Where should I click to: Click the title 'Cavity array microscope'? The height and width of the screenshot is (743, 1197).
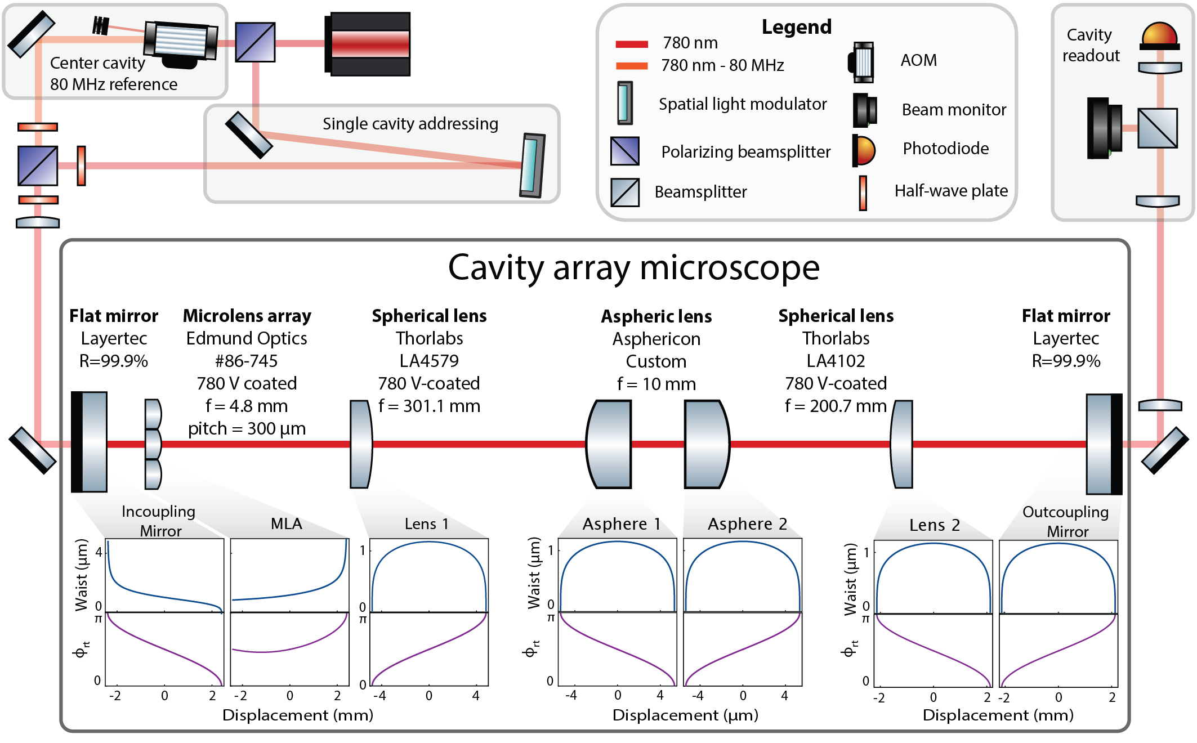pyautogui.click(x=633, y=268)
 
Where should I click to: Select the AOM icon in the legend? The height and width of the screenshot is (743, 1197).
pyautogui.click(x=861, y=61)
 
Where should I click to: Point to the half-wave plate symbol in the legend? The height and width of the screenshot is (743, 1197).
pyautogui.click(x=863, y=193)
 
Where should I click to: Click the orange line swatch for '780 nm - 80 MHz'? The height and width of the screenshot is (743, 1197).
pyautogui.click(x=632, y=66)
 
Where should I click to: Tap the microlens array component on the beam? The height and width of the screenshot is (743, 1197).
pyautogui.click(x=153, y=444)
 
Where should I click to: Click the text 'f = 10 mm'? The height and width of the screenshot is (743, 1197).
pyautogui.click(x=656, y=384)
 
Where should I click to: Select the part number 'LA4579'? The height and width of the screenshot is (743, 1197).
pyautogui.click(x=429, y=361)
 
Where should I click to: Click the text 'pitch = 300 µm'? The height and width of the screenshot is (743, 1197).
pyautogui.click(x=247, y=429)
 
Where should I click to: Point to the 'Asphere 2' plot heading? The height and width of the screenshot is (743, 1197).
pyautogui.click(x=747, y=524)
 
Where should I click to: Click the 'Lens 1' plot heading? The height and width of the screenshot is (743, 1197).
pyautogui.click(x=427, y=524)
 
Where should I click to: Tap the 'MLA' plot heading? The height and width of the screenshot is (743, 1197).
pyautogui.click(x=286, y=524)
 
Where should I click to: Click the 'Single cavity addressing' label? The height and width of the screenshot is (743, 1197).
pyautogui.click(x=410, y=124)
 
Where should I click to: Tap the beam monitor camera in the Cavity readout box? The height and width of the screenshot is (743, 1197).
pyautogui.click(x=1104, y=128)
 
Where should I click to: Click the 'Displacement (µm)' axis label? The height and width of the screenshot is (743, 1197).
pyautogui.click(x=685, y=715)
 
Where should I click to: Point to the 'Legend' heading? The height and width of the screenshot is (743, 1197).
pyautogui.click(x=796, y=27)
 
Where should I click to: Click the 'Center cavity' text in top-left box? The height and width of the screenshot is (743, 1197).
pyautogui.click(x=97, y=63)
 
